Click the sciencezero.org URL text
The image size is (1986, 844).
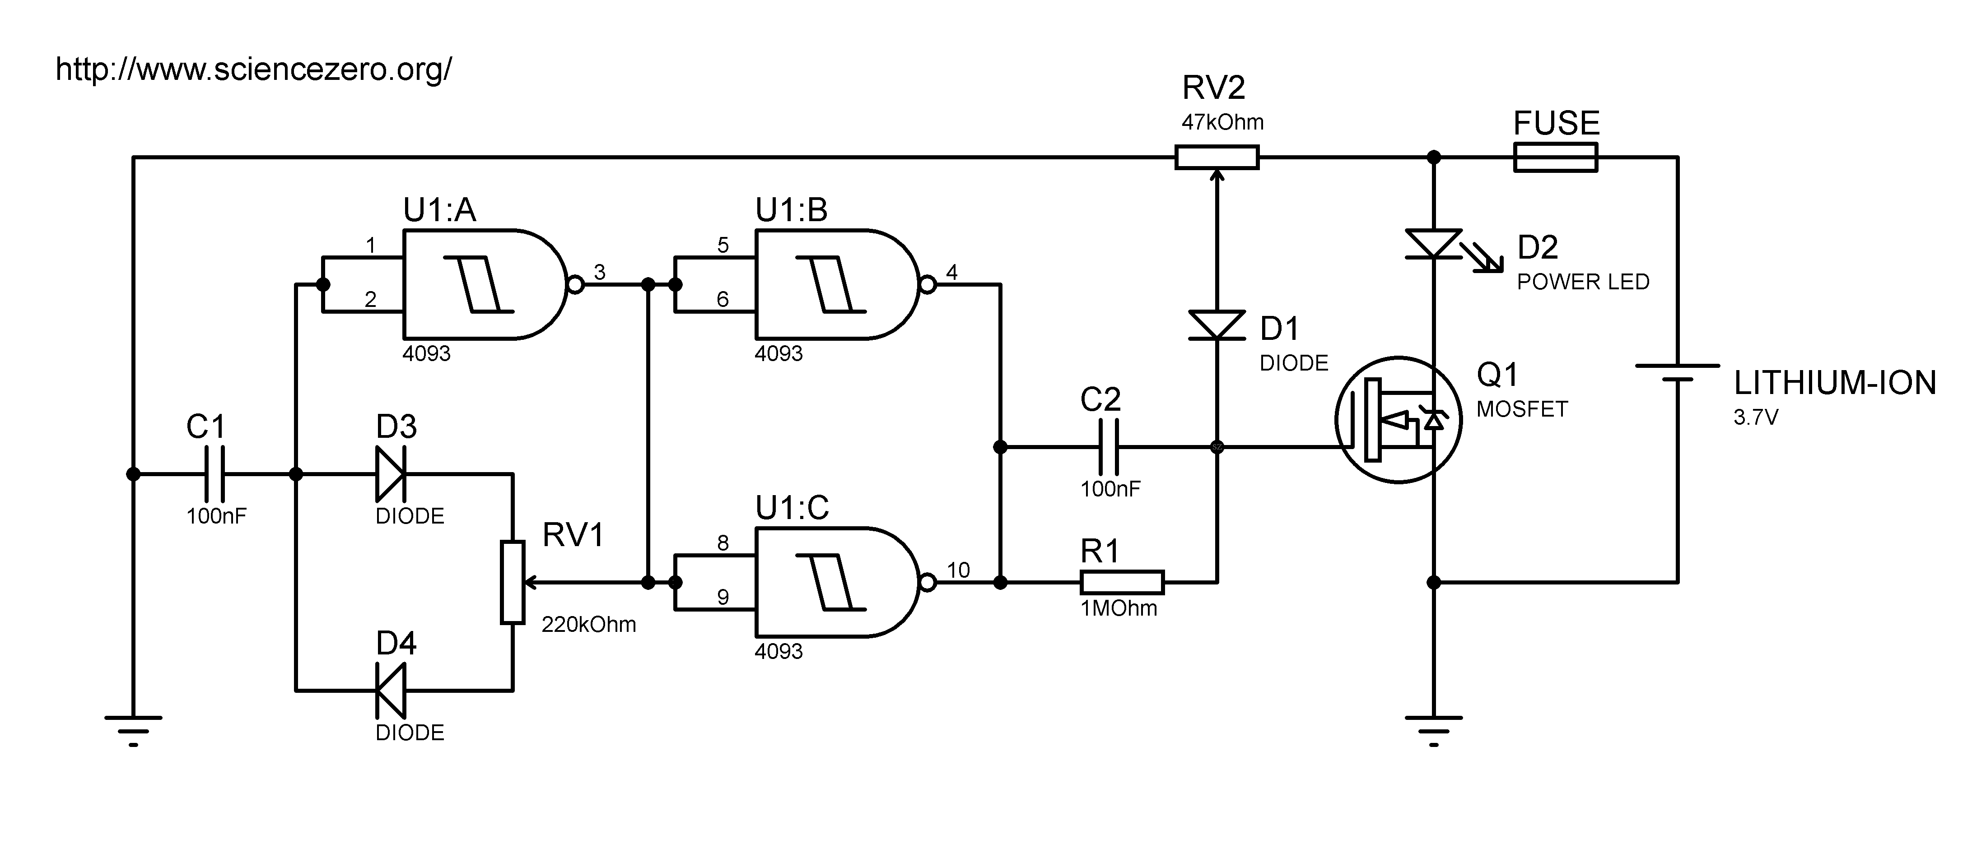pos(254,70)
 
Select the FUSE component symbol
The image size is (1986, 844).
pos(1555,157)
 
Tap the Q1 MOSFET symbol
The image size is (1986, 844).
pos(1399,420)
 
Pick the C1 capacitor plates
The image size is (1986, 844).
pos(215,474)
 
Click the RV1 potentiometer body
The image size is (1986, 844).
pos(513,582)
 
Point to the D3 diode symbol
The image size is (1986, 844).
pos(390,474)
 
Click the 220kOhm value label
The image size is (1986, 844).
pos(588,624)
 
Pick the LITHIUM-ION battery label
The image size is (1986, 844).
pos(1835,383)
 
